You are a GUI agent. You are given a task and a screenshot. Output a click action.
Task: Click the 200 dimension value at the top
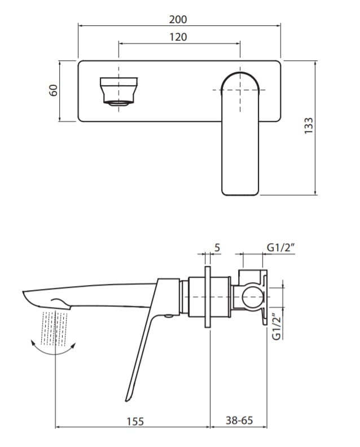(x=178, y=19)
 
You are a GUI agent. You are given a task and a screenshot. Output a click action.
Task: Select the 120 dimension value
(x=178, y=37)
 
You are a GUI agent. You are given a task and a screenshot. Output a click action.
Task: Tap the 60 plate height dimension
(x=54, y=90)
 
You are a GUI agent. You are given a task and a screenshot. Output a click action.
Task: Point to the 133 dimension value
(x=308, y=125)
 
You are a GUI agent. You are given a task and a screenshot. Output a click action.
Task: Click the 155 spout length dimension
(x=135, y=421)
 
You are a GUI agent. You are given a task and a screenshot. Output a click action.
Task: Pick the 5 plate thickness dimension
(x=217, y=247)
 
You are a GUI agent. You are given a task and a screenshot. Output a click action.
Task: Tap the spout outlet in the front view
(x=118, y=91)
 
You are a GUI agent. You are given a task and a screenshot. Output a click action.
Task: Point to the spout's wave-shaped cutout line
(x=59, y=300)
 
